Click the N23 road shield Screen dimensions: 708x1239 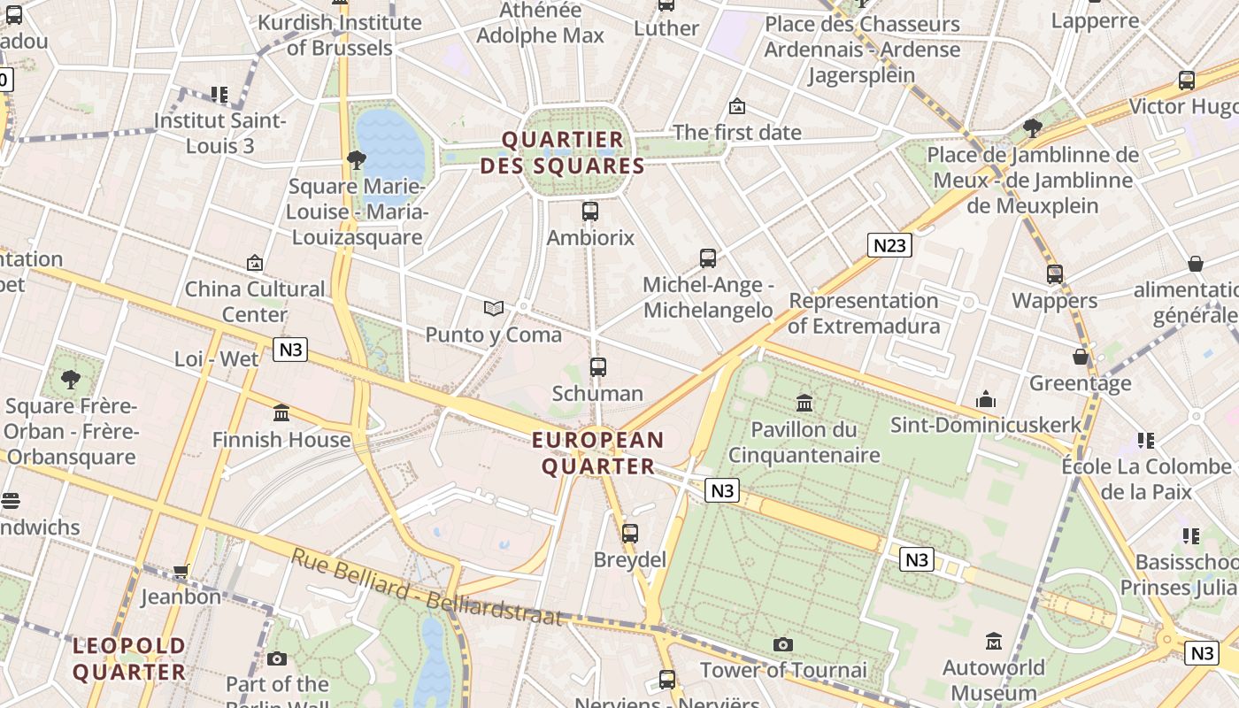889,245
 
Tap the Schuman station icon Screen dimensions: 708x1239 598,366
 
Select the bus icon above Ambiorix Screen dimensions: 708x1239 590,212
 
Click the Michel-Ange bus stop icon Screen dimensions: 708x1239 708,258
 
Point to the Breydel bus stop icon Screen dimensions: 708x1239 630,534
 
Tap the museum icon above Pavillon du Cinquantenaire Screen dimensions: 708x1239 804,404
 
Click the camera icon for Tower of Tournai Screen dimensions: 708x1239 783,644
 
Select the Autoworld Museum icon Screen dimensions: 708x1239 994,641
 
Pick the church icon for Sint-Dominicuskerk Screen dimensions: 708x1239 986,400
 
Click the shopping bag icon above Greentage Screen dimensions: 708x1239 1081,357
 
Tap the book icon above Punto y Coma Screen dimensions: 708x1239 494,308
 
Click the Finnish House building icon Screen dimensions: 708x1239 281,413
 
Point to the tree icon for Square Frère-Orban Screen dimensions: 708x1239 71,380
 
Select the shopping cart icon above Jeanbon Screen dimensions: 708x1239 181,571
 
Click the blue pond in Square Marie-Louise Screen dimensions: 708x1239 389,142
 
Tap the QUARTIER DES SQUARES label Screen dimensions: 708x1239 563,152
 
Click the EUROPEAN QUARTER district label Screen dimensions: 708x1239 598,453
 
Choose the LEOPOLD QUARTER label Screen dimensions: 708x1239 129,658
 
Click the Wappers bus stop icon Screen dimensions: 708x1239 1055,274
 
